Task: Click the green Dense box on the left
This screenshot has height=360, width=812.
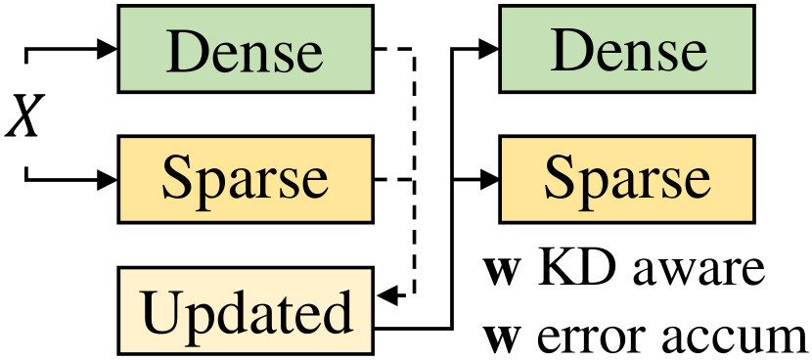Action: [x=245, y=48]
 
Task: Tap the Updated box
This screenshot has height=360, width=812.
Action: [x=245, y=312]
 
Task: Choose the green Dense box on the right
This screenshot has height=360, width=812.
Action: [x=627, y=48]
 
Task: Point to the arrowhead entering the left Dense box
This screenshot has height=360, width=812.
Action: [x=107, y=48]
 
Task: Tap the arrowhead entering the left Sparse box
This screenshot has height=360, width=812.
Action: [x=107, y=179]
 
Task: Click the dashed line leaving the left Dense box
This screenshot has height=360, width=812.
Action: [x=396, y=49]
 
